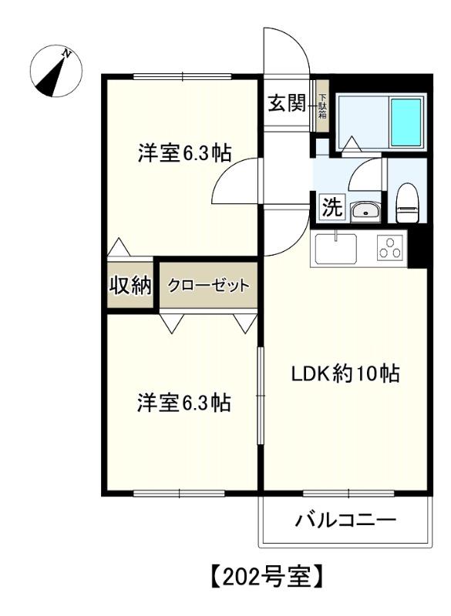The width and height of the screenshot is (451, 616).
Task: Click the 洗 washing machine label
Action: [x=331, y=207]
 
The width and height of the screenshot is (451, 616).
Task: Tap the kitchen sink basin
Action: [x=335, y=249]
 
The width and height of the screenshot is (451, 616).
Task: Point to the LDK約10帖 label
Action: [x=345, y=375]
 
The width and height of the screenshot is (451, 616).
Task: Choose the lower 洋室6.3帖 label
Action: [x=184, y=402]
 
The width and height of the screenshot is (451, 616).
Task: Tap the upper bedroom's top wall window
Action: [x=183, y=75]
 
